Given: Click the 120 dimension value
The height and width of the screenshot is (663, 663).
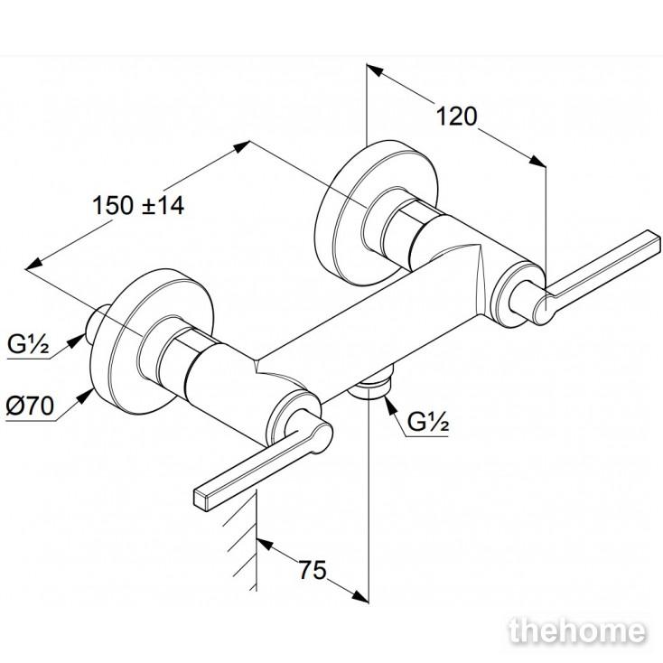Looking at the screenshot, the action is tap(456, 117).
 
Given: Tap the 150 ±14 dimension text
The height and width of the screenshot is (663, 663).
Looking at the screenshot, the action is tap(138, 206).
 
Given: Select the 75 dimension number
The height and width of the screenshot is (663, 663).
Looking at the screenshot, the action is tap(313, 570).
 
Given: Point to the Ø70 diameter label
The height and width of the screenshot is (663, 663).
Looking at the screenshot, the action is tap(30, 406).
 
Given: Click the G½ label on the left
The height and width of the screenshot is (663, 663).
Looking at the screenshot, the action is tap(28, 344).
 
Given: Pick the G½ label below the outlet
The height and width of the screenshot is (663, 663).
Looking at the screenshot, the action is tap(428, 421).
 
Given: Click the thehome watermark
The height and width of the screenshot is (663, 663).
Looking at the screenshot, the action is tap(577, 631).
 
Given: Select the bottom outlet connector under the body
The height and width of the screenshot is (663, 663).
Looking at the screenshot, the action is tap(371, 385).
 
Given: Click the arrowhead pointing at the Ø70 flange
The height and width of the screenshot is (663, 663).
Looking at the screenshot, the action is tap(86, 396).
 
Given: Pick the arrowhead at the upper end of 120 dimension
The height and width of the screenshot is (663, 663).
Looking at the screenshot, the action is tap(375, 71).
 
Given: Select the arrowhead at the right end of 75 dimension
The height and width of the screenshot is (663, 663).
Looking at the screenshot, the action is tap(360, 596).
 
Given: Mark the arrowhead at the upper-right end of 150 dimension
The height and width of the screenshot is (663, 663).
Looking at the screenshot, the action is tap(240, 147).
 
